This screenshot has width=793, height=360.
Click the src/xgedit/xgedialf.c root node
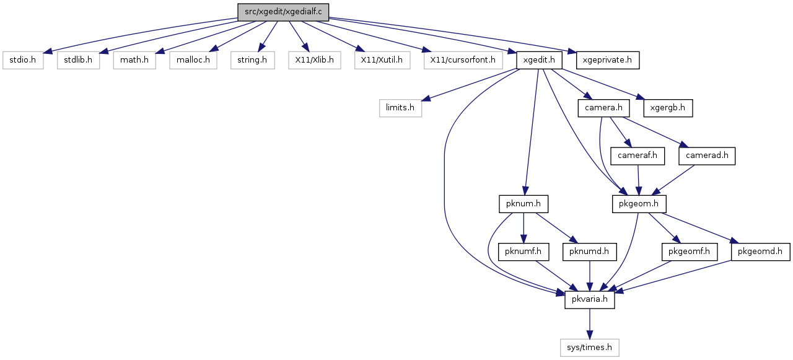[283, 12]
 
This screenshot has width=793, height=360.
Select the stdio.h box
[23, 60]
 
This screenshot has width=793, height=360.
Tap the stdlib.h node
[78, 60]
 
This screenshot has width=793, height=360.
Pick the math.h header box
[134, 60]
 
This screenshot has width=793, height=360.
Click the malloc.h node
[193, 60]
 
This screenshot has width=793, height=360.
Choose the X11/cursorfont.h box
[463, 60]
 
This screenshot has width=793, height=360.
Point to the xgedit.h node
[539, 60]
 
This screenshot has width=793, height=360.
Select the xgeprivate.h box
[608, 60]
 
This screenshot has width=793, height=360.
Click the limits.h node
[400, 108]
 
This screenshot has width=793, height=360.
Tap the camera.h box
[603, 108]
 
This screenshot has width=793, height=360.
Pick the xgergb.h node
[668, 108]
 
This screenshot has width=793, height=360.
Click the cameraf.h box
[637, 156]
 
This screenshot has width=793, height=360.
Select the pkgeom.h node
[639, 204]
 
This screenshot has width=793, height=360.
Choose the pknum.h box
[524, 204]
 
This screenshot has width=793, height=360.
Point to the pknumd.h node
[589, 252]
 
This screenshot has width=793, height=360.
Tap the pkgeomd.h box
[760, 252]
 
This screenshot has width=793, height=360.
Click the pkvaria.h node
[590, 299]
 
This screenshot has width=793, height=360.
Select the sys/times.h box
[590, 348]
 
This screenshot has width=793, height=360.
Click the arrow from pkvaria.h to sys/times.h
[590, 323]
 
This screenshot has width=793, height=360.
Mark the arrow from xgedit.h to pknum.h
[531, 132]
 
